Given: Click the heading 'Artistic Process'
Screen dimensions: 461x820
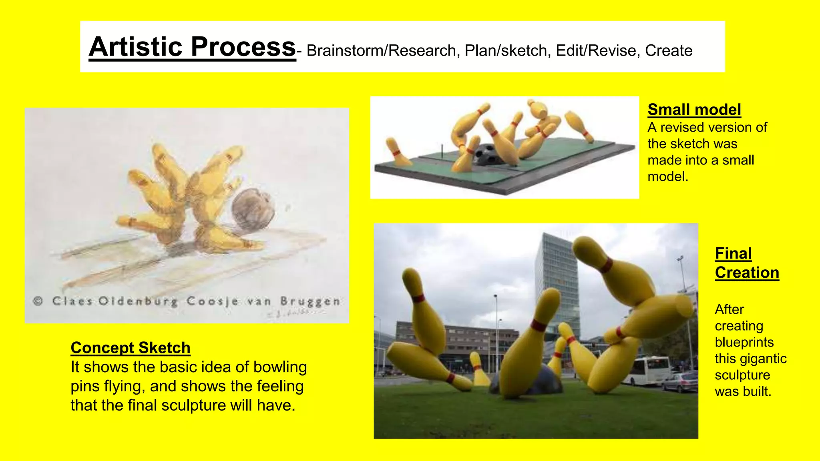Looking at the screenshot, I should (192, 47).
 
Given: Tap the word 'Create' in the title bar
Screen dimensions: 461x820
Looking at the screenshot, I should (668, 51).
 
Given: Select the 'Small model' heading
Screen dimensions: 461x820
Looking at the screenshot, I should (694, 110).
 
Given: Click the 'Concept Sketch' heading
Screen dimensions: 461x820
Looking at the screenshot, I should (130, 348).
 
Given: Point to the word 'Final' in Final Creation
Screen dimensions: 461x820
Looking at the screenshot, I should (733, 253).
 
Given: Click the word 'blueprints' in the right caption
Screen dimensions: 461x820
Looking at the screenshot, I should (744, 342).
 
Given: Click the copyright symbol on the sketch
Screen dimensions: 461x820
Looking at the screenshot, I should (38, 301).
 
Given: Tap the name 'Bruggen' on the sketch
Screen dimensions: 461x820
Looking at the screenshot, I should (310, 301).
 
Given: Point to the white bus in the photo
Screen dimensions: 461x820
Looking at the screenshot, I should (647, 370).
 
